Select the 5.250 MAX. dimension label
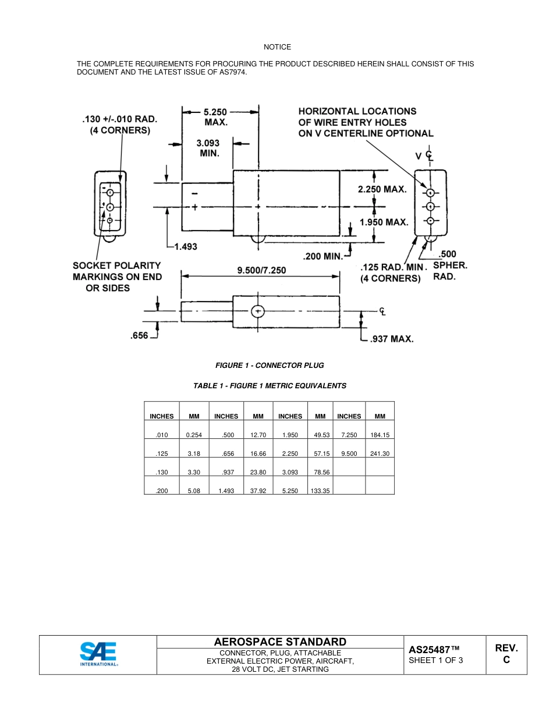tap(215, 117)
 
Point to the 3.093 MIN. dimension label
tap(208, 148)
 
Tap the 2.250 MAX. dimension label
tap(382, 190)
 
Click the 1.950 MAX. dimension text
tap(384, 222)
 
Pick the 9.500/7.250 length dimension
tap(261, 271)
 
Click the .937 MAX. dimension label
tap(392, 339)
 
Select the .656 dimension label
tap(140, 336)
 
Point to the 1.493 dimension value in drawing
tap(186, 247)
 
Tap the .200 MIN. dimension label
tap(323, 256)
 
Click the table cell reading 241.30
tap(380, 453)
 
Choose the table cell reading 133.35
tap(320, 491)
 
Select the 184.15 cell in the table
tap(380, 435)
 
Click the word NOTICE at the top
tap(277, 47)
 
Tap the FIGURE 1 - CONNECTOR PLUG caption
tap(270, 366)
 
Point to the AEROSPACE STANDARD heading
tap(280, 642)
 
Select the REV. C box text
tap(506, 654)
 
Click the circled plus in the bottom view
tap(258, 311)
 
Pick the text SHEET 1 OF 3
tap(436, 661)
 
